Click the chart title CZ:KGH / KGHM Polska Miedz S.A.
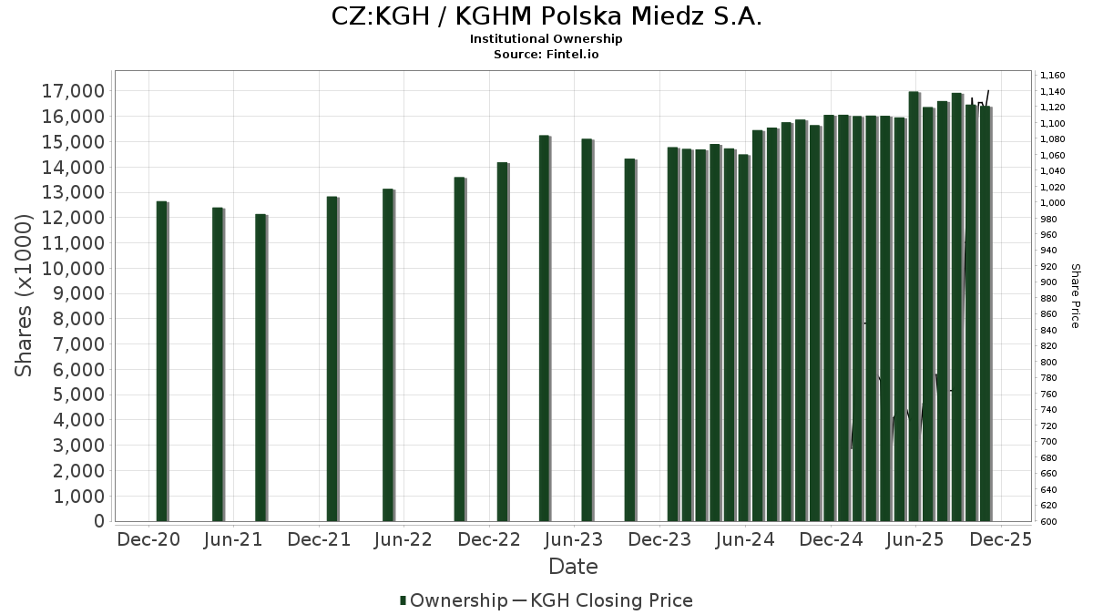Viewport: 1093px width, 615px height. pos(546,16)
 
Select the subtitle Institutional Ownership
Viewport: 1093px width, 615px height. pos(546,39)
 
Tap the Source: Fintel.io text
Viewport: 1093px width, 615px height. pos(546,55)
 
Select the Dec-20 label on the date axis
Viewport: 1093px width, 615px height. pos(148,539)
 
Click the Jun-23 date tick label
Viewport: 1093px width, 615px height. pos(575,539)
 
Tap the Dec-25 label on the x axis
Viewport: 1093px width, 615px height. pos(1000,539)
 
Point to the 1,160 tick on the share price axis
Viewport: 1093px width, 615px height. pos(1052,76)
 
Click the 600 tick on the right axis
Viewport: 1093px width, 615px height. pos(1047,521)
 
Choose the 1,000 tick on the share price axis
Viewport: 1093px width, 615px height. pos(1052,203)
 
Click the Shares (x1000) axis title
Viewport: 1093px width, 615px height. pos(25,295)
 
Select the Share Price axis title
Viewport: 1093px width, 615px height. pos(1075,296)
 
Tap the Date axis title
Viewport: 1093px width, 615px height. pos(573,567)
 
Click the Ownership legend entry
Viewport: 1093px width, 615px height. pos(454,600)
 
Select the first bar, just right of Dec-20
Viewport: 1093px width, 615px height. pos(161,361)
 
